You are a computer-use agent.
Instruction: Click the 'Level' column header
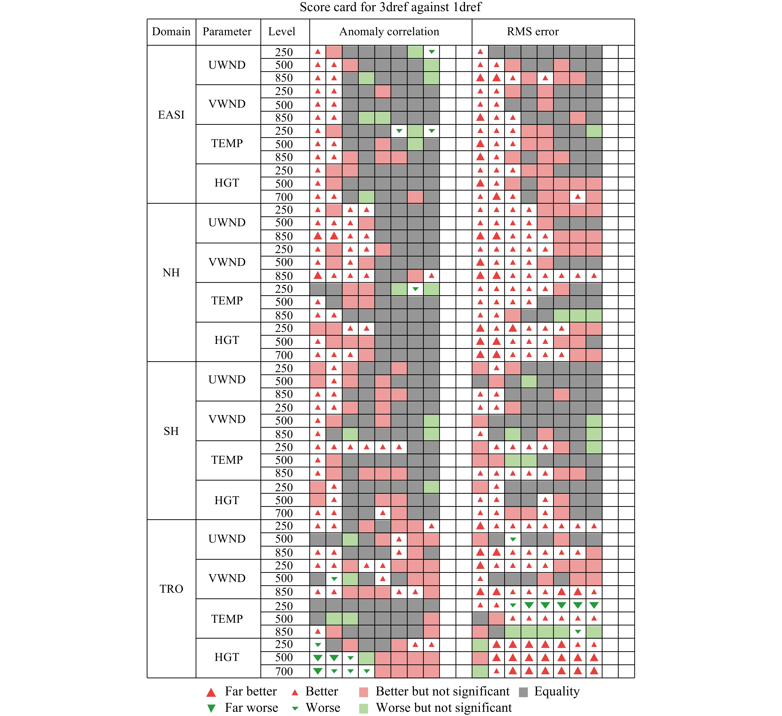coord(282,32)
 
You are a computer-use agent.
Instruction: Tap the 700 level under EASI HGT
coord(284,197)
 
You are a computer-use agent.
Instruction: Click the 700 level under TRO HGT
coord(284,671)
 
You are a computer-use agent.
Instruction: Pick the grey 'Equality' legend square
coord(523,692)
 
